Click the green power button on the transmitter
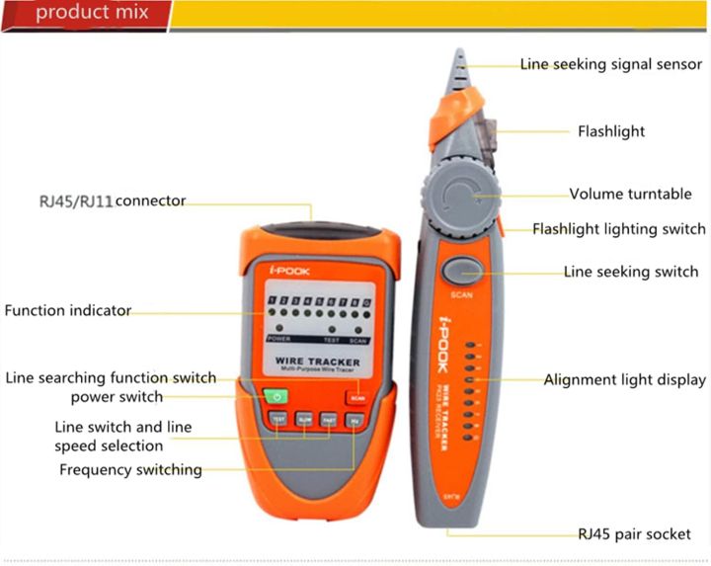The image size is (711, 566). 277,397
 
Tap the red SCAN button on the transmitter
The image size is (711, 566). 356,398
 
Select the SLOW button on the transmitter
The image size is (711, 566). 304,419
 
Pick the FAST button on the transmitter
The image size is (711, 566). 330,419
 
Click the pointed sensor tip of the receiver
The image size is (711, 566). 459,59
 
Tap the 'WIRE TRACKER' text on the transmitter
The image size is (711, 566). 317,363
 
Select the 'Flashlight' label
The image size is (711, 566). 611,131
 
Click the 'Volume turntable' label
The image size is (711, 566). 630,195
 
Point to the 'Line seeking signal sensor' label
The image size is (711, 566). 611,65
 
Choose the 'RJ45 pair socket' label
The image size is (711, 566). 634,533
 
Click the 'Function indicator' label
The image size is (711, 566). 68,310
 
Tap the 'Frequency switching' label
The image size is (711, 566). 130,469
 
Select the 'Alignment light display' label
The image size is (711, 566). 625,379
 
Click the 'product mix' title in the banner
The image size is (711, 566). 91,13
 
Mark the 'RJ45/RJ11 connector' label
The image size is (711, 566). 113,201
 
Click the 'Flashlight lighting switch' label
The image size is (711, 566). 619,229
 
